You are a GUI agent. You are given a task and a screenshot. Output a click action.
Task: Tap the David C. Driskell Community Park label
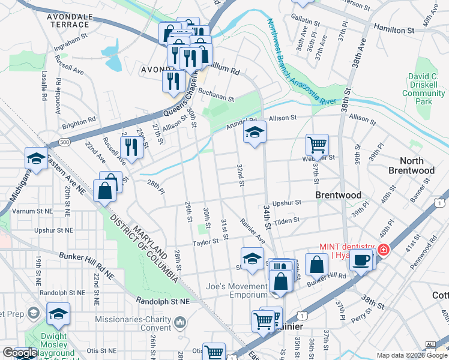click(427, 89)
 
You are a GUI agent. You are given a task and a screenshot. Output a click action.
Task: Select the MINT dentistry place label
click(346, 251)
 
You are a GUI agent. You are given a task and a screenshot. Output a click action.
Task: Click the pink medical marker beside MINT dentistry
click(382, 250)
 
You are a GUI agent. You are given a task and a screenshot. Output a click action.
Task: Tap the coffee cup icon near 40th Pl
click(361, 260)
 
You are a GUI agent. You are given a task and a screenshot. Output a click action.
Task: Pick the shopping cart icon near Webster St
click(316, 145)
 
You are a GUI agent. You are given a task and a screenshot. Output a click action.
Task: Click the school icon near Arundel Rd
click(255, 132)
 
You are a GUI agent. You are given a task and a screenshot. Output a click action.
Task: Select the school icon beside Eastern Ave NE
click(36, 159)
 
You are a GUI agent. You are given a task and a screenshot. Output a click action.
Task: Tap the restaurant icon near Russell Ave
click(130, 147)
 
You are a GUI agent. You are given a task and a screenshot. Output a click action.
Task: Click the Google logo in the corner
click(20, 353)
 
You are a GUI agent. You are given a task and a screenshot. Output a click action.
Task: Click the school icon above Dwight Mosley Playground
click(58, 314)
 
